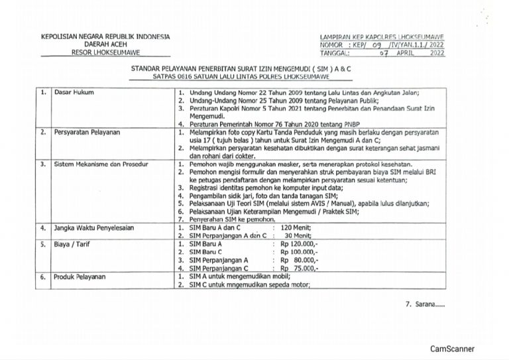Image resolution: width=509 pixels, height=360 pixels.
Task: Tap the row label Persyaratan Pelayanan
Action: pyautogui.click(x=87, y=133)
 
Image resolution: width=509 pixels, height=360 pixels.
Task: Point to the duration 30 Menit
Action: pyautogui.click(x=298, y=235)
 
